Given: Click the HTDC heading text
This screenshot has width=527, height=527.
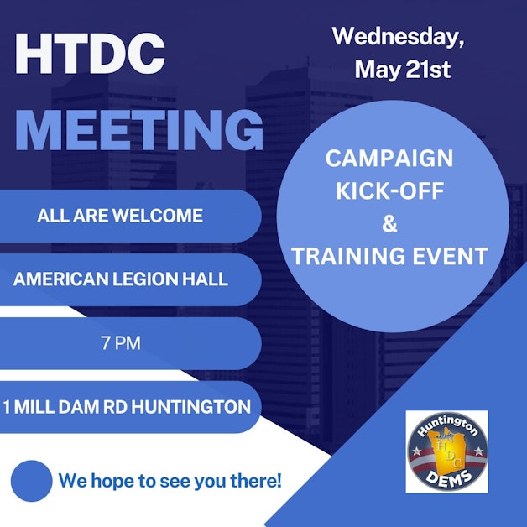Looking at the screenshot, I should click(x=90, y=55).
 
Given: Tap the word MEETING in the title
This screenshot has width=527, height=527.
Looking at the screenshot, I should click(x=139, y=130).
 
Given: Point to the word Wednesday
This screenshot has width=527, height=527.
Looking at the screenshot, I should click(x=398, y=37).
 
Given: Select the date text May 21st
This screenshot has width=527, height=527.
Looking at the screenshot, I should click(x=402, y=70).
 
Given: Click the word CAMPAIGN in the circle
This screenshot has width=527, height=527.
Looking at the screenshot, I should click(x=389, y=159).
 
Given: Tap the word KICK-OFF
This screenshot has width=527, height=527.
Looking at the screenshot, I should click(x=389, y=190).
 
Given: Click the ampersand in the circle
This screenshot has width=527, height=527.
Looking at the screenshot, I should click(x=389, y=223).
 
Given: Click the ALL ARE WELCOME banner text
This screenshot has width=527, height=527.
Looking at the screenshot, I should click(x=120, y=216).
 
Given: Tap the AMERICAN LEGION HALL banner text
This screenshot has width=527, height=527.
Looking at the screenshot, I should click(x=120, y=279).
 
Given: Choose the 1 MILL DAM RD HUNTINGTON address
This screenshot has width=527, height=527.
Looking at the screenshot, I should click(x=127, y=407).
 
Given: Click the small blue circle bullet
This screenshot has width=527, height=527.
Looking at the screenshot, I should click(x=31, y=481).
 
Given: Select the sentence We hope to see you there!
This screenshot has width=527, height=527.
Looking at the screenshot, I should click(x=170, y=482).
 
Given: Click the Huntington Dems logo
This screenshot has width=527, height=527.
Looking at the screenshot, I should click(x=446, y=451).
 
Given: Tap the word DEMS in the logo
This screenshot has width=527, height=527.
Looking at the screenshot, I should click(x=446, y=478).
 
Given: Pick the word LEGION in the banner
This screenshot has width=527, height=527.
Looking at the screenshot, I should click(x=145, y=279).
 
